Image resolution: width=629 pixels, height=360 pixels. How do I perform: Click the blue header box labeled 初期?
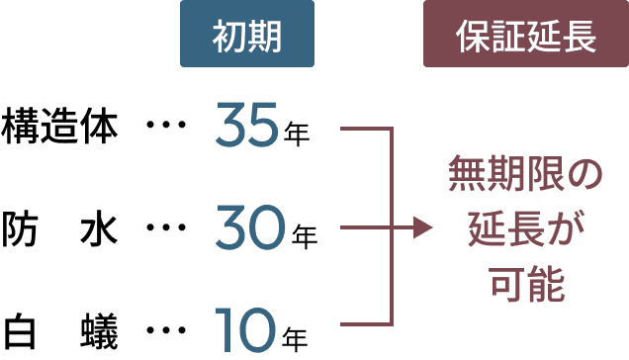pyautogui.click(x=247, y=38)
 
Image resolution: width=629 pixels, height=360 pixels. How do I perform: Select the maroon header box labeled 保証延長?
pyautogui.click(x=525, y=38)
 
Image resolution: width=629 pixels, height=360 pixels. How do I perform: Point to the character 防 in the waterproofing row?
pyautogui.click(x=21, y=231)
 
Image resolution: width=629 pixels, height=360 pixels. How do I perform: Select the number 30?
pyautogui.click(x=250, y=230)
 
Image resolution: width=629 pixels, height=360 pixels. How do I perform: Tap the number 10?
pyautogui.click(x=247, y=333)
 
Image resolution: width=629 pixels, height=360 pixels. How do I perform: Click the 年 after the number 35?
pyautogui.click(x=296, y=134)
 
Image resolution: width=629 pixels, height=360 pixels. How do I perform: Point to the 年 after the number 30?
pyautogui.click(x=305, y=237)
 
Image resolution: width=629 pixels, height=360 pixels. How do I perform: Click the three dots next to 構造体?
pyautogui.click(x=166, y=127)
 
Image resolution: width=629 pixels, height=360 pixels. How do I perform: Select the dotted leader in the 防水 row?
pyautogui.click(x=166, y=230)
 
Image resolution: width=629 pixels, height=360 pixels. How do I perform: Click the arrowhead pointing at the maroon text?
pyautogui.click(x=423, y=228)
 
